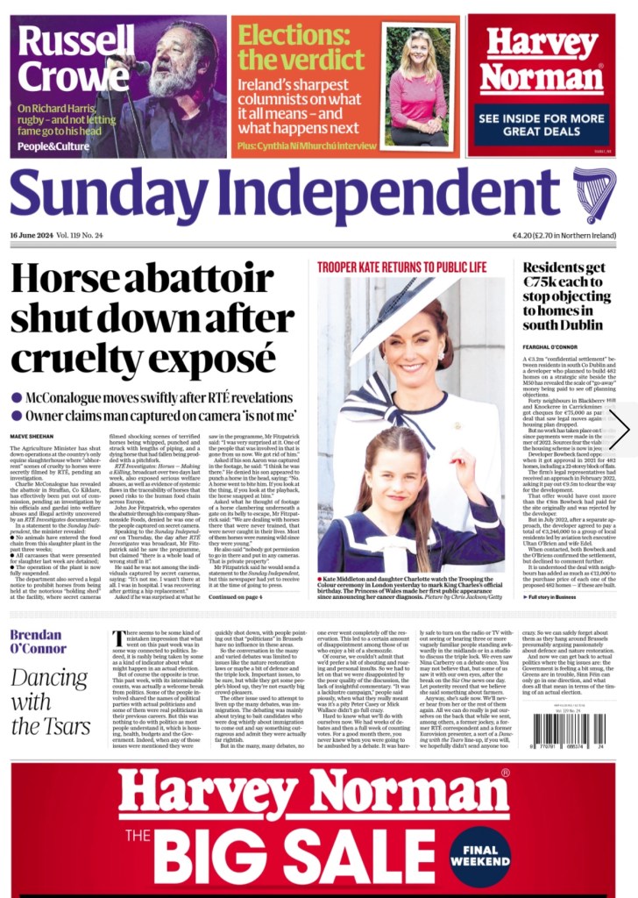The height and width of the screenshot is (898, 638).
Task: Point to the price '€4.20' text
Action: click(x=524, y=235)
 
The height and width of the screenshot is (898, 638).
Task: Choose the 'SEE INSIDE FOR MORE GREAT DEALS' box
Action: click(x=541, y=124)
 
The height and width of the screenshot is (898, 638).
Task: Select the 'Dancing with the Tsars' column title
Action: click(x=51, y=702)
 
